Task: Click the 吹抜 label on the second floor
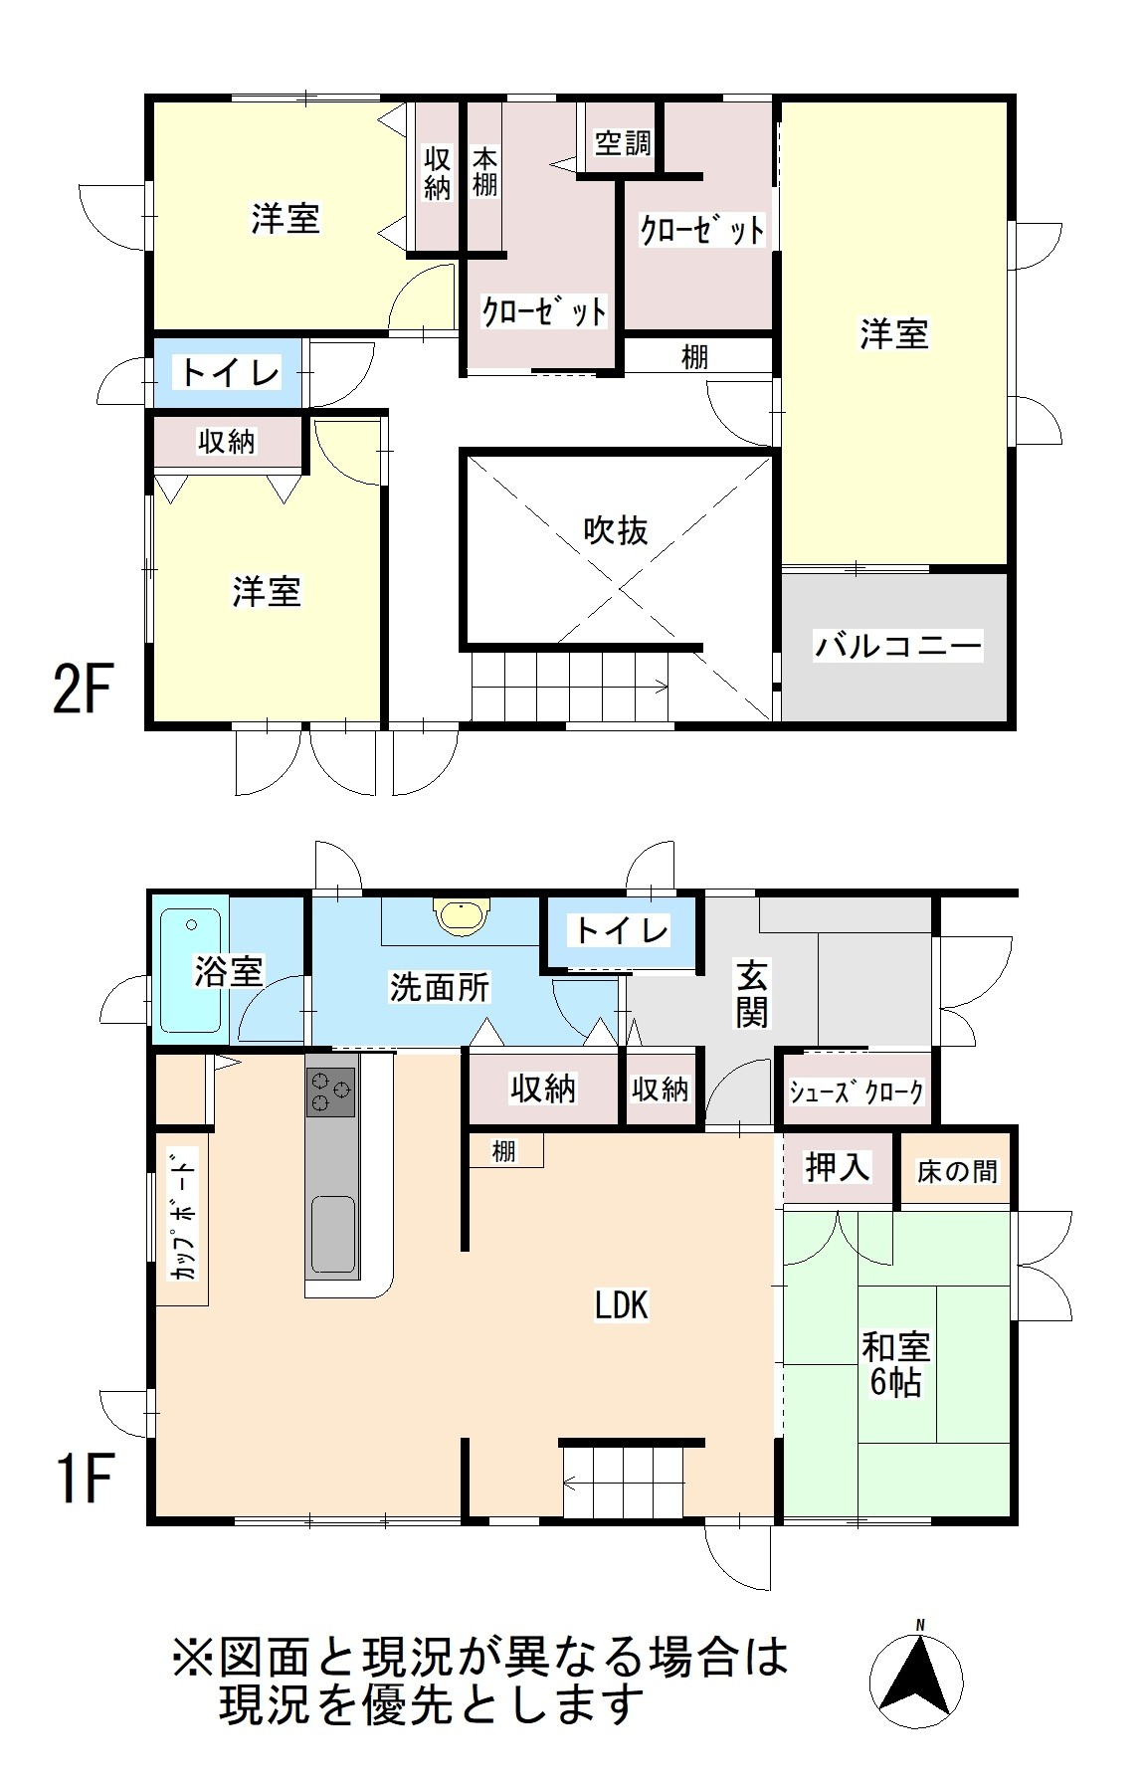tap(615, 530)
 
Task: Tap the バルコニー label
tap(898, 646)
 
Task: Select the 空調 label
tap(623, 142)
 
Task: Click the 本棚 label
tap(484, 171)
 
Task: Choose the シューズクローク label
tap(857, 1091)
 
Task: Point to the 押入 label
tap(838, 1166)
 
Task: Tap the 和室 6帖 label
tap(895, 1364)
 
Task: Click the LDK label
tap(622, 1304)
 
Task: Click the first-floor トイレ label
tap(619, 930)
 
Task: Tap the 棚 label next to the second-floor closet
tap(694, 356)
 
